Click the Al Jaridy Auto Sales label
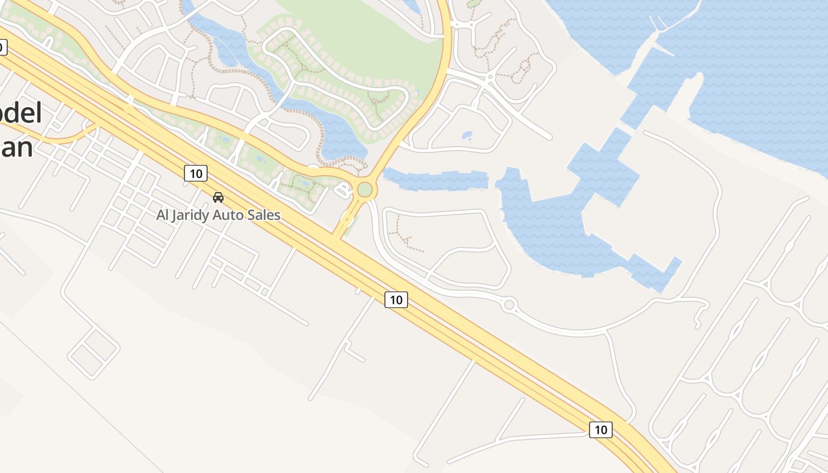pos(218,215)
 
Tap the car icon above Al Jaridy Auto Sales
pos(218,197)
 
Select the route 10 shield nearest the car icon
pos(196,173)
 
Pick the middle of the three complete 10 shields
pos(396,300)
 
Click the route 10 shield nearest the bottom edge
pos(601,430)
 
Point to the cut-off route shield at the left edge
pos(2,47)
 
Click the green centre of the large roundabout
pos(365,189)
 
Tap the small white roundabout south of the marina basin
pos(509,304)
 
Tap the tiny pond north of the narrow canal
pos(467,135)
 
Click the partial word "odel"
pos(21,114)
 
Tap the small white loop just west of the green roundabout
pos(342,189)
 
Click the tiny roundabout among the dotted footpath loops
pos(490,77)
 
